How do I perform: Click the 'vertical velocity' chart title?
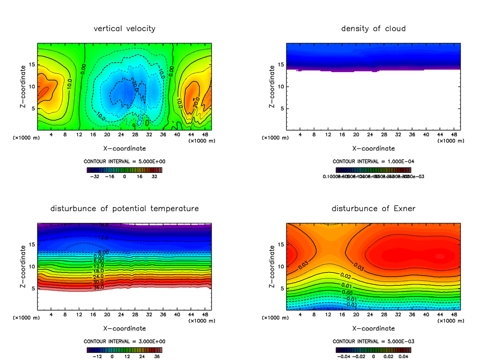pos(124,29)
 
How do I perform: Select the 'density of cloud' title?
pos(373,29)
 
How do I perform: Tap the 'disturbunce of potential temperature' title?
pos(124,208)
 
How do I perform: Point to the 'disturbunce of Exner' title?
pos(373,208)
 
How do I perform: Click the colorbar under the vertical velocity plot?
pos(124,170)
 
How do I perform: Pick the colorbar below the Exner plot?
pos(373,350)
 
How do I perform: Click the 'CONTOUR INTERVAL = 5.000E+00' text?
pos(124,161)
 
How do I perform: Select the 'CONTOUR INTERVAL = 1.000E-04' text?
pos(373,161)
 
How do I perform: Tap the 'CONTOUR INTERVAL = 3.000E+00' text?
pos(124,341)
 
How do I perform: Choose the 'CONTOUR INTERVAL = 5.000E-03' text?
pos(373,341)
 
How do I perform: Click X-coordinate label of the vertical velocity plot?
pos(124,148)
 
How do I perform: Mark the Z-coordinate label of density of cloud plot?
pos(272,87)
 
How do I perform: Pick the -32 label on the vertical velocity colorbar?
pos(95,176)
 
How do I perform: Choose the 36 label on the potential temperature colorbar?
pos(157,356)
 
